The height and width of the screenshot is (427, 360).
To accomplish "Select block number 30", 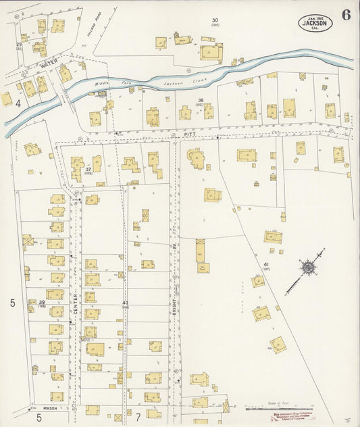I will coord(215,20).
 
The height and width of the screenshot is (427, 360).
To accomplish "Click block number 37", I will coord(88,168).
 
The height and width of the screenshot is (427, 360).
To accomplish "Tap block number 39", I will coord(41,302).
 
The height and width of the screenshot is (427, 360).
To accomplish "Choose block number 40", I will coord(125,302).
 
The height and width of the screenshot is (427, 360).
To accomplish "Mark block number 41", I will coord(266,264).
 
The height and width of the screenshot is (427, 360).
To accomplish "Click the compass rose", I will coord(307,268).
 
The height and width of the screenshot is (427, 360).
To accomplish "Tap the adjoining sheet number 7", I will coord(137,417).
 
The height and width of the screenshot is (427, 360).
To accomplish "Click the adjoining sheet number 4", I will coord(18,103).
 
